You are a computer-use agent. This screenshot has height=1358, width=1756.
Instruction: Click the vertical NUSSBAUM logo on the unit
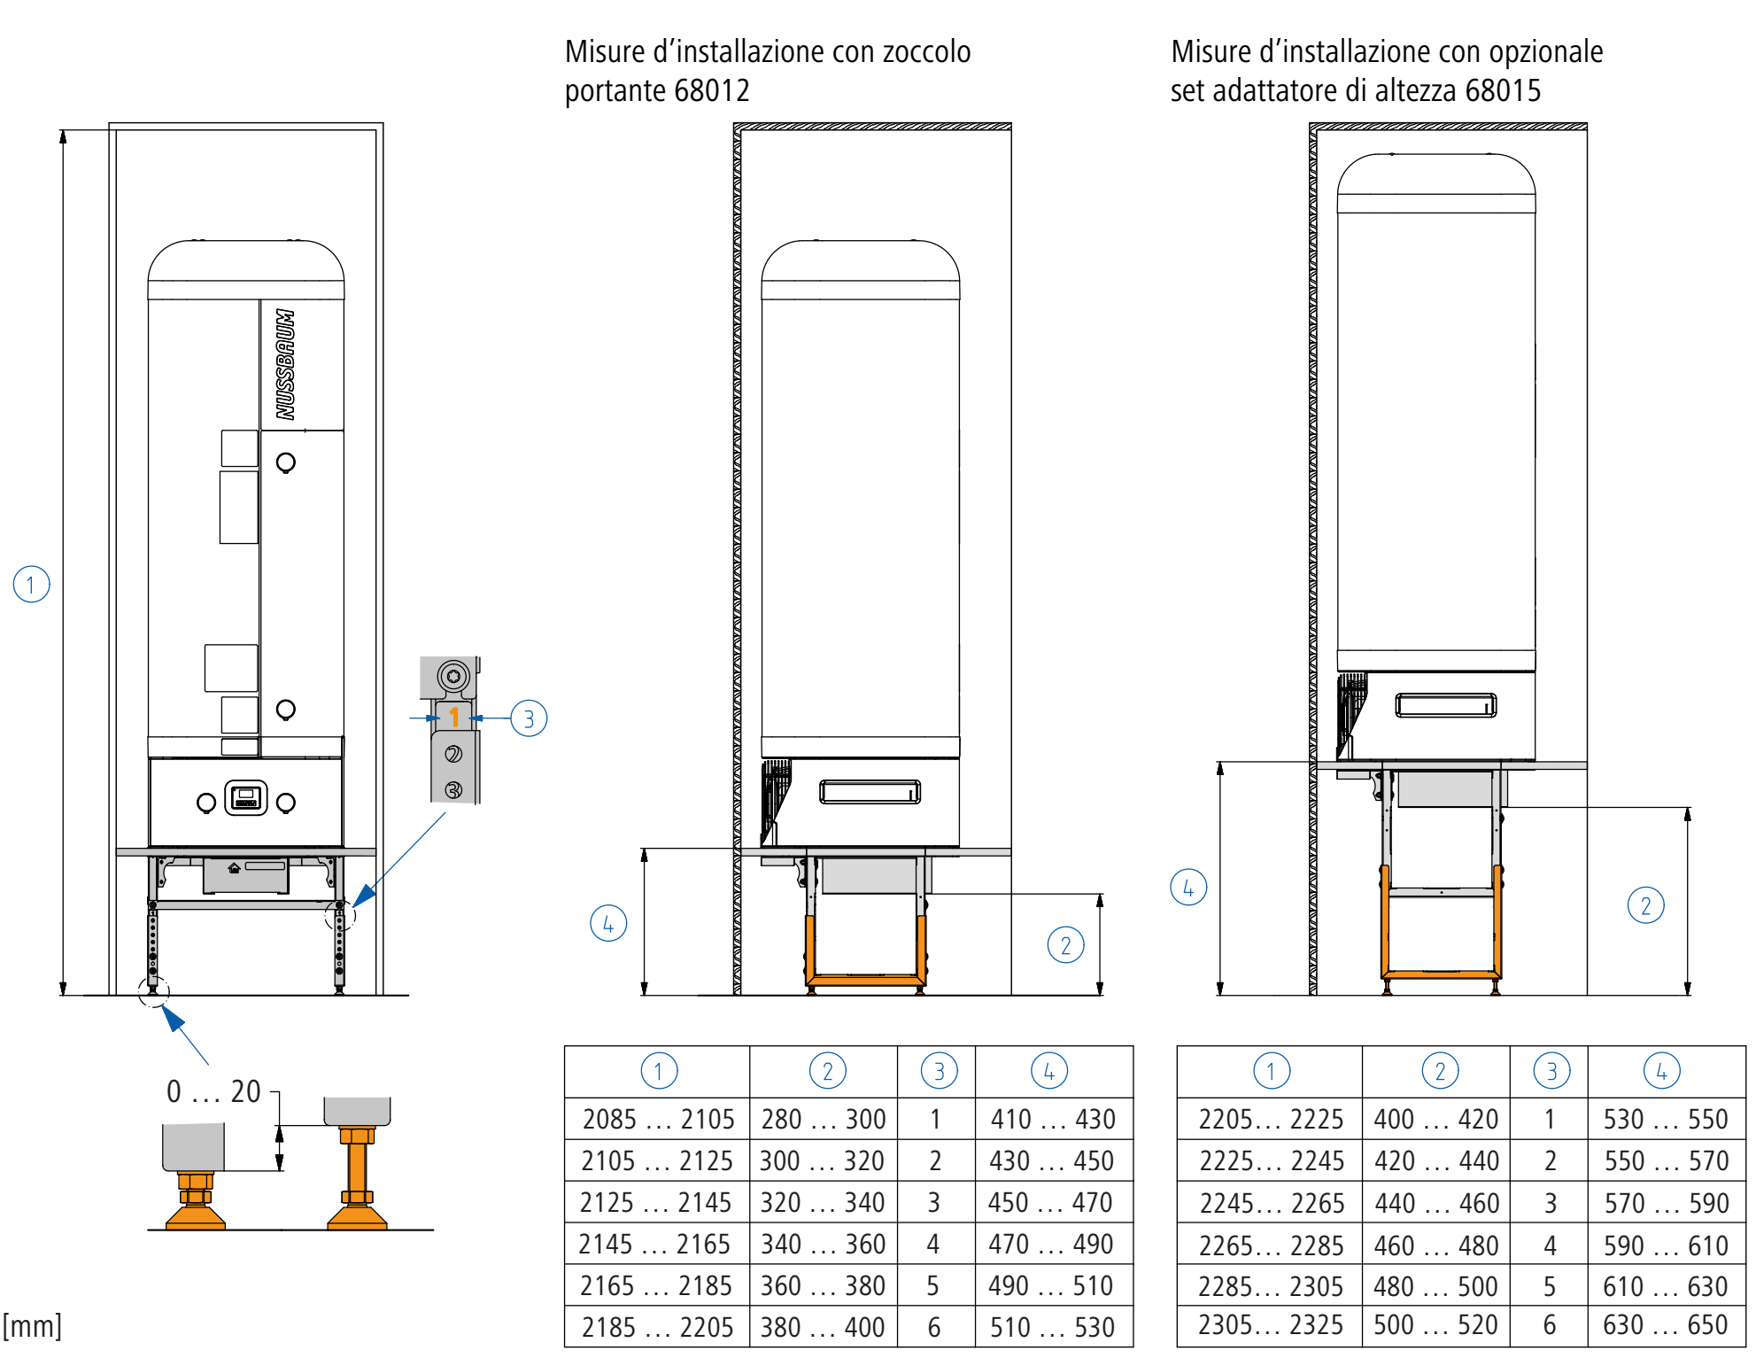tap(284, 364)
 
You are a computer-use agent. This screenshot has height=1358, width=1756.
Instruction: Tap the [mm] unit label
tap(32, 1326)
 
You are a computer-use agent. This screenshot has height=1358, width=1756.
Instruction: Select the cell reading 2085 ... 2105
tap(658, 1119)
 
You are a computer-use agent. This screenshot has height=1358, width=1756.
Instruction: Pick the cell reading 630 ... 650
tap(1666, 1324)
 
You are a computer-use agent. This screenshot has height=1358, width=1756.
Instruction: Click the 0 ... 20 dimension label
tap(213, 1091)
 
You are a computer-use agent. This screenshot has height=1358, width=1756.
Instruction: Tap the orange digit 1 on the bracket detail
tap(454, 717)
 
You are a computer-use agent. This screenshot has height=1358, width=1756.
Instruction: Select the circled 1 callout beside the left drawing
tap(31, 585)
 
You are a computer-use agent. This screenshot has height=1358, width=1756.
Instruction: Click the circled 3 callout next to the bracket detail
tap(529, 718)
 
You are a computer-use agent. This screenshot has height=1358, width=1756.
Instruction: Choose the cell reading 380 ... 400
tap(823, 1327)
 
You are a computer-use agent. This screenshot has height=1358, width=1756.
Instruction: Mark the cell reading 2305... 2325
tap(1271, 1324)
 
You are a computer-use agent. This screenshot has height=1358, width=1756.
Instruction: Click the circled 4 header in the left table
tap(1049, 1071)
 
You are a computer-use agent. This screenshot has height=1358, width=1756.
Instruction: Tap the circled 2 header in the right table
tap(1440, 1071)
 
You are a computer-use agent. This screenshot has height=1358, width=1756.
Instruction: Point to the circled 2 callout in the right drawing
tap(1646, 905)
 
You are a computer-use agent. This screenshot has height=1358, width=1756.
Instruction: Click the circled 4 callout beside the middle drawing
tap(608, 923)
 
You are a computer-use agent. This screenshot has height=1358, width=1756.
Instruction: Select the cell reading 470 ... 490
tap(1051, 1244)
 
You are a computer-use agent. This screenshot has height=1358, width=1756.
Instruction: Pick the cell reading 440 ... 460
tap(1436, 1203)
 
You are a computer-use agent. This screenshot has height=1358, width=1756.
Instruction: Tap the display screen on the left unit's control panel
tap(246, 798)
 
